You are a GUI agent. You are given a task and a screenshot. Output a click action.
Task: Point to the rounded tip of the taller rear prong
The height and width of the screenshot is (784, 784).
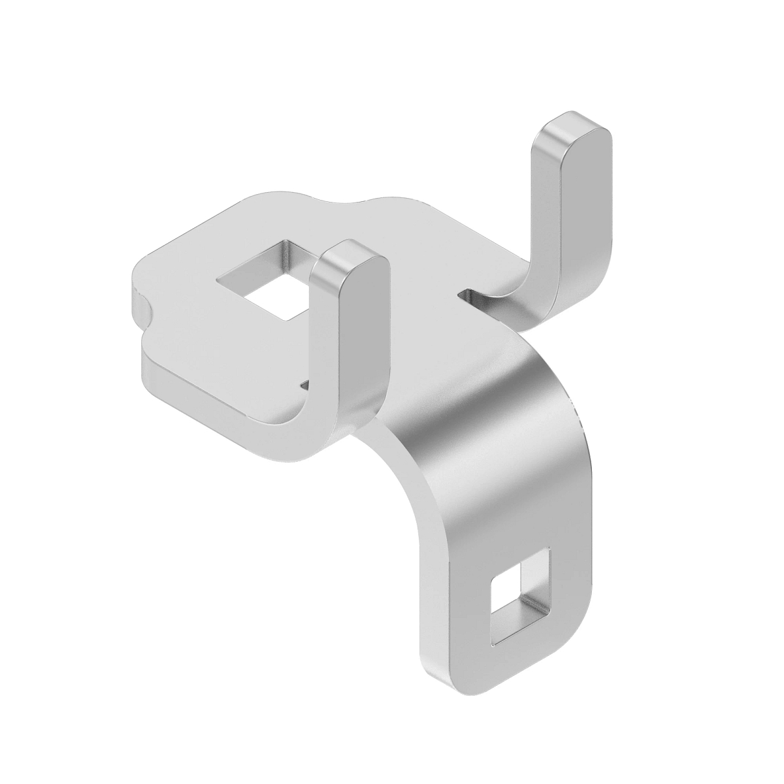point(574,128)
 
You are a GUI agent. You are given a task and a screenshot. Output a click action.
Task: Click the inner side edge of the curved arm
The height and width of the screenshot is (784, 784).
point(418,497)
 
